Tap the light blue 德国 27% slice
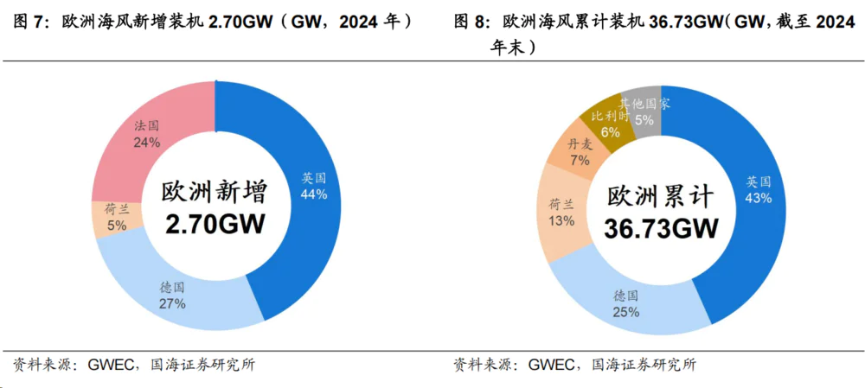(x=173, y=294)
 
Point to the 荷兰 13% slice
(x=561, y=213)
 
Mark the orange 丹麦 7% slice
(x=577, y=152)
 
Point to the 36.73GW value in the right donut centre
(x=662, y=229)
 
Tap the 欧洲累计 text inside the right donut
(x=661, y=196)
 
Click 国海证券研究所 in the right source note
(x=644, y=365)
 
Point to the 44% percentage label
(x=313, y=194)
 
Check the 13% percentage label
(x=561, y=220)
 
